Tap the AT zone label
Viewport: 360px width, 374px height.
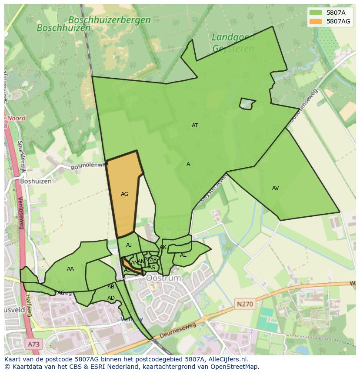coord(195,126)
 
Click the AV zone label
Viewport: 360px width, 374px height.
coord(275,188)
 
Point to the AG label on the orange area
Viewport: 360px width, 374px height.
coord(124,194)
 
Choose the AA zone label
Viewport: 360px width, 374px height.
coord(70,269)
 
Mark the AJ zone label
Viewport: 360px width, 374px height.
coord(129,245)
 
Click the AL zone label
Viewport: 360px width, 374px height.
coord(183,255)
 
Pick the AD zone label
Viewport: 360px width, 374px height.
coord(111,298)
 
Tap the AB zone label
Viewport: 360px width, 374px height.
coord(111,287)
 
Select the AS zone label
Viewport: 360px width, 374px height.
coord(152,268)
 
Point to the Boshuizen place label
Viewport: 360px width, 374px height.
coord(36,181)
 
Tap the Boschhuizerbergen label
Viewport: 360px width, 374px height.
coord(110,20)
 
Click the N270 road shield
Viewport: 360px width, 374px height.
coord(245,304)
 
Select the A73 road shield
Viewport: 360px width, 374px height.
coord(33,344)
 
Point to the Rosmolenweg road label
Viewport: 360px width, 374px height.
coord(89,166)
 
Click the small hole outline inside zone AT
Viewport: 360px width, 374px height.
coord(247,103)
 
